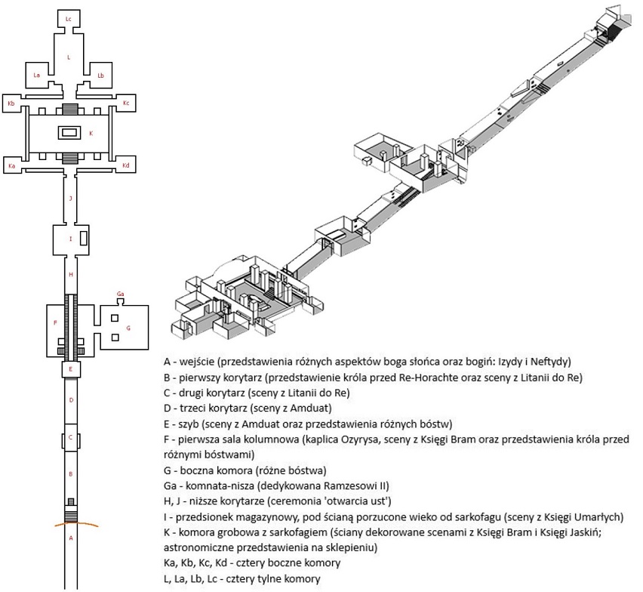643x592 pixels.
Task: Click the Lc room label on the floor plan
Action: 69,17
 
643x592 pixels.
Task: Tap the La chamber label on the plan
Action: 36,75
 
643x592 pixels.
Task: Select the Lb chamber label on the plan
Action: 100,75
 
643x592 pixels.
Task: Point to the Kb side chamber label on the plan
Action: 11,103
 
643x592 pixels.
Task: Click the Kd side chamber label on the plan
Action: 126,165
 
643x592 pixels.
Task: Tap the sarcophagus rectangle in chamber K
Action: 69,133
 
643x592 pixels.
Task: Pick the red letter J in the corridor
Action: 69,199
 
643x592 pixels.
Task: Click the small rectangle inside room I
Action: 83,239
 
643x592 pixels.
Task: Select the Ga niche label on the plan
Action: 120,293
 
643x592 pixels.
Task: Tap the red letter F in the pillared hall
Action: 55,322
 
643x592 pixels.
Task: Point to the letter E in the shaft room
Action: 70,369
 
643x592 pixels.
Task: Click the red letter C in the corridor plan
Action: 69,437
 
